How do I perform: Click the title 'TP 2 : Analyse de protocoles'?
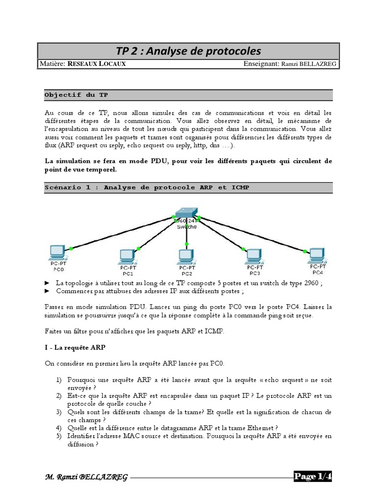click(x=188, y=52)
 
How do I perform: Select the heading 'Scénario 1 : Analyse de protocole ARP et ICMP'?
click(x=147, y=188)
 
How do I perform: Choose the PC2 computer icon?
click(x=186, y=255)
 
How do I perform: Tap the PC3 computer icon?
click(x=254, y=255)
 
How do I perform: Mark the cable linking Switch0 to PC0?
click(x=123, y=232)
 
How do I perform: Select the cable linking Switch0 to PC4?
click(x=250, y=232)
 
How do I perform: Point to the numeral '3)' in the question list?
click(x=58, y=412)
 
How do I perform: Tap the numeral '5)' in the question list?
click(x=58, y=435)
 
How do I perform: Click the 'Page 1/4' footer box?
click(x=313, y=476)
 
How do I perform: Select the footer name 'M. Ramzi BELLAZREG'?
click(x=87, y=477)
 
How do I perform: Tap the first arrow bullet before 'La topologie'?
click(x=47, y=283)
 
